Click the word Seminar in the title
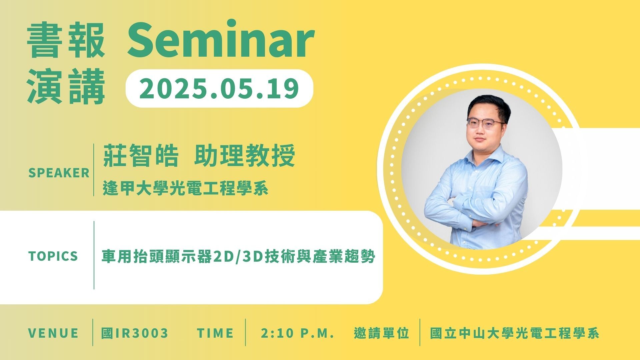coord(220,39)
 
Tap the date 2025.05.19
coord(219,88)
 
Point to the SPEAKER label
coord(59,173)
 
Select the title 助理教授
coord(244,156)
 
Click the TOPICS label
coord(53,256)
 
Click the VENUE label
coord(53,333)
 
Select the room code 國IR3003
coord(135,333)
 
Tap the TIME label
coord(215,333)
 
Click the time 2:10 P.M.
coord(298,333)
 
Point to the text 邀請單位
coord(382,333)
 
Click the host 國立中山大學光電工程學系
coord(515,333)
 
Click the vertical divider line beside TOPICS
coord(94,255)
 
